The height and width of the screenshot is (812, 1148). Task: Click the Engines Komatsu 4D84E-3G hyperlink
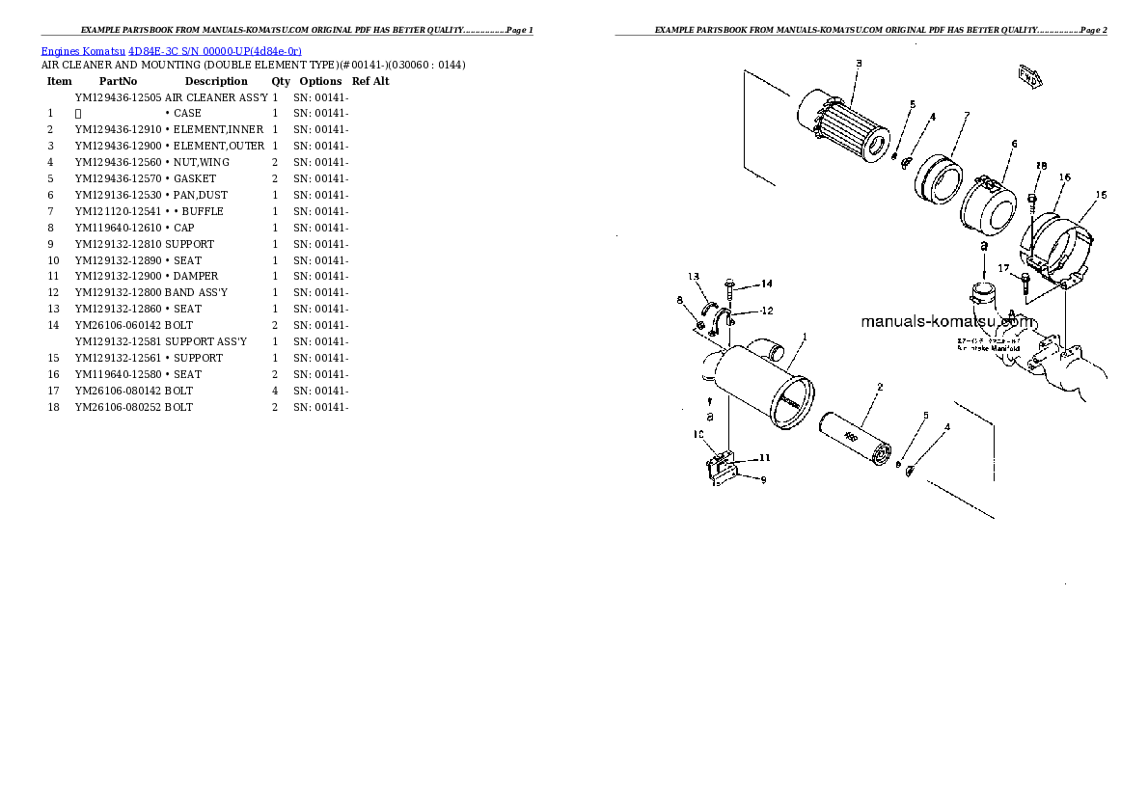pos(171,50)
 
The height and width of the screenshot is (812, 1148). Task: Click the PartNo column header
pos(118,81)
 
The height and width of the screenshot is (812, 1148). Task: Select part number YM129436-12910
pos(118,129)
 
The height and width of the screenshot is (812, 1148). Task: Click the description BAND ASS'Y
pos(196,292)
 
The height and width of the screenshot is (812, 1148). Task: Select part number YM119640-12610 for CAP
pos(118,228)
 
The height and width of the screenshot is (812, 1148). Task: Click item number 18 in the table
pos(53,407)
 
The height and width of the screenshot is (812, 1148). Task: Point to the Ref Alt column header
pos(370,81)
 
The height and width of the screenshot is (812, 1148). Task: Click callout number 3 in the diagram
pos(858,64)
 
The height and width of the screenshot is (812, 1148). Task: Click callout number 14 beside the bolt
pos(766,284)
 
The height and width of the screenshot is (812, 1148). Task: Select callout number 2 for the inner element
pos(880,388)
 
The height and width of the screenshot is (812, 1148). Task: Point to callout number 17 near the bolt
pos(1003,268)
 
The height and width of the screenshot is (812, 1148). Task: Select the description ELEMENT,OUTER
pos(218,146)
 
